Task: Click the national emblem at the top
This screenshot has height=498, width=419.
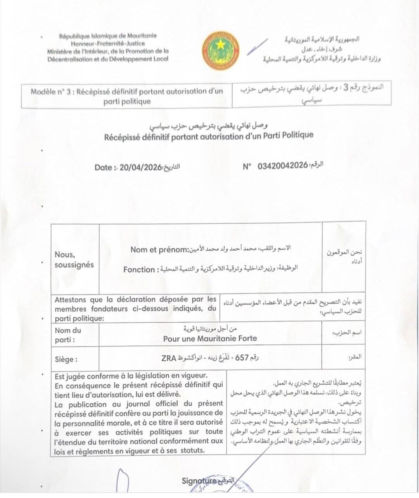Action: [x=220, y=51]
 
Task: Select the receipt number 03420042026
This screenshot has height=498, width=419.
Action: [x=282, y=166]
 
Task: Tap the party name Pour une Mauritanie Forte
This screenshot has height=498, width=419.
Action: [x=210, y=338]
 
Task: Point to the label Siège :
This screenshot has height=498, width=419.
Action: [x=66, y=359]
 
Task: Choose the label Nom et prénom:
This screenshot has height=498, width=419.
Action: [x=159, y=250]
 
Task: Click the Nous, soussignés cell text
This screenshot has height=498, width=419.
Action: [x=74, y=259]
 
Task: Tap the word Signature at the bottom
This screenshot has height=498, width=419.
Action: [x=199, y=481]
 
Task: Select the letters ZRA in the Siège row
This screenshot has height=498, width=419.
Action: [x=169, y=358]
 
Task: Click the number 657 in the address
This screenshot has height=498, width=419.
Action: [x=242, y=358]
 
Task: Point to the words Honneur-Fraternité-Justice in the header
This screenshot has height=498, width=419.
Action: [x=108, y=43]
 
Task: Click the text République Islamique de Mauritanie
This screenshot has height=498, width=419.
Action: [x=108, y=36]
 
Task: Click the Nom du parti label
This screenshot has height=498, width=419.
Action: [x=68, y=335]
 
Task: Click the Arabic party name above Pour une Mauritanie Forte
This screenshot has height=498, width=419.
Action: [x=210, y=329]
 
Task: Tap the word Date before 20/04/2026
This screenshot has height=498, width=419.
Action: [x=104, y=168]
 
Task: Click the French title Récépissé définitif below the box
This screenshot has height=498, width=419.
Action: [x=209, y=137]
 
